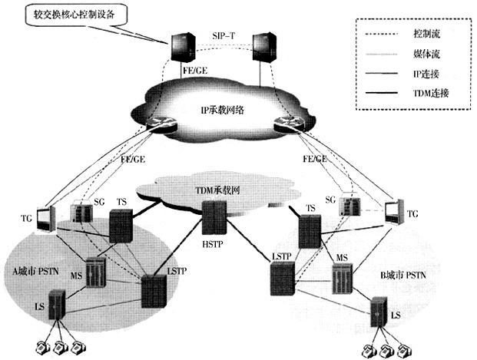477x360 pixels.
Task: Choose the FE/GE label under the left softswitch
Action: [x=193, y=71]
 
